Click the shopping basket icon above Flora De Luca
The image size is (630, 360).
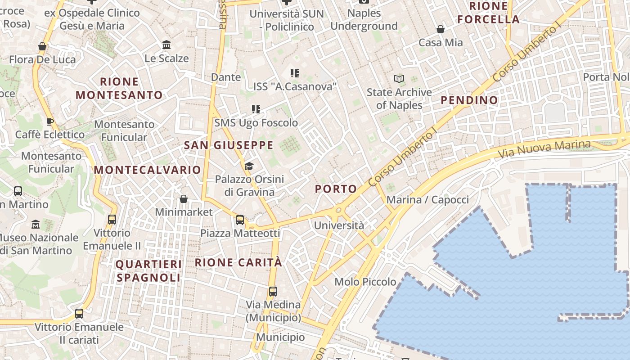(42, 46)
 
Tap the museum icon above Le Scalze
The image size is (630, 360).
(166, 45)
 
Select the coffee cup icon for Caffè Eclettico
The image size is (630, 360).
(50, 121)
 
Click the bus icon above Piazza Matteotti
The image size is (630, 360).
(240, 220)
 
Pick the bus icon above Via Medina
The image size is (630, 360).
(273, 291)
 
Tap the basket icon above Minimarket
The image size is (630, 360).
(184, 199)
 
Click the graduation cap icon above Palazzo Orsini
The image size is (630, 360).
(249, 166)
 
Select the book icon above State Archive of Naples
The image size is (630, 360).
(399, 79)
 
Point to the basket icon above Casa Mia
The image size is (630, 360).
(441, 30)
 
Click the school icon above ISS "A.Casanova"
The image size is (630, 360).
(295, 73)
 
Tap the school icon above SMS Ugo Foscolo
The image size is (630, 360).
(256, 109)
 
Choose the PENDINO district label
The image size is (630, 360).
(469, 100)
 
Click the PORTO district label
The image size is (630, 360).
(336, 189)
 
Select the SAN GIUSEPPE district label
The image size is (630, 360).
(229, 145)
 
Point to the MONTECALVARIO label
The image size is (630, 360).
(147, 170)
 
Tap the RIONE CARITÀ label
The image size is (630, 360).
(238, 262)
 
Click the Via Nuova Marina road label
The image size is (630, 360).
(544, 148)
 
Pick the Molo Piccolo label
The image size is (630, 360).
(365, 282)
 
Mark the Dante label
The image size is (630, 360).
(226, 77)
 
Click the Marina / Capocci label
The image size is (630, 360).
(427, 200)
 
